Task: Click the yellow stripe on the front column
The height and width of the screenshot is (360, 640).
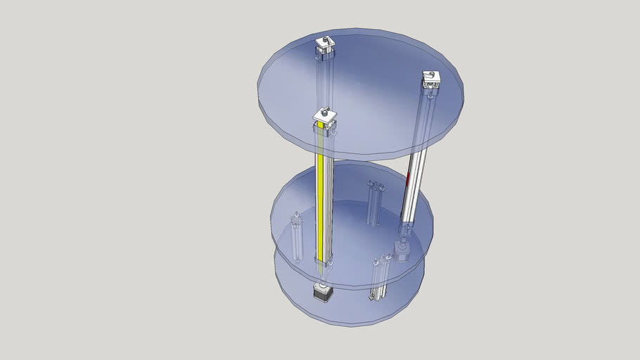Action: [x=321, y=204]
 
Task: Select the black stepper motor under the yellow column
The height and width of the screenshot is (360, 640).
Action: [x=321, y=295]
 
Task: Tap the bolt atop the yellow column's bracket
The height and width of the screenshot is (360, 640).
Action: [x=324, y=110]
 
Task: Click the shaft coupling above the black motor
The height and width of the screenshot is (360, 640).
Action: [x=321, y=283]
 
